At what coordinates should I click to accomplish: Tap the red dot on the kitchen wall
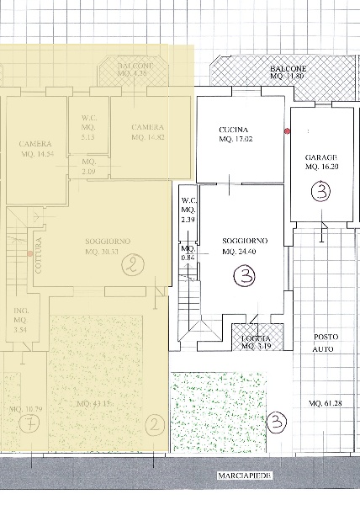tap(287, 131)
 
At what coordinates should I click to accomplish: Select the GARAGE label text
tap(321, 162)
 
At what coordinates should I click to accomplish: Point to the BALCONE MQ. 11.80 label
tap(288, 72)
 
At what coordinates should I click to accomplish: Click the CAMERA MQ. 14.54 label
tap(36, 149)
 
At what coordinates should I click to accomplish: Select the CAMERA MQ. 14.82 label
tap(148, 132)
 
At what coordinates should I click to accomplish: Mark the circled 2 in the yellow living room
tap(132, 268)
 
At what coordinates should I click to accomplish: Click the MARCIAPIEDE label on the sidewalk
tap(243, 476)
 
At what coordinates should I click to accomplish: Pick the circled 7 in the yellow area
tap(30, 425)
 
